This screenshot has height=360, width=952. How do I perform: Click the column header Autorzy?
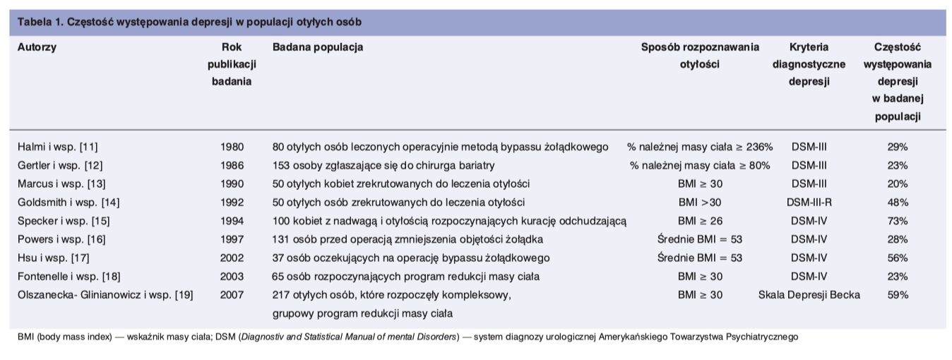click(37, 47)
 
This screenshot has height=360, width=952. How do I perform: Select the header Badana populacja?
click(318, 47)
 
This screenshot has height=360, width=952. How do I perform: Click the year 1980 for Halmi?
click(232, 148)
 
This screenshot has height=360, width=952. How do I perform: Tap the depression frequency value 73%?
click(898, 221)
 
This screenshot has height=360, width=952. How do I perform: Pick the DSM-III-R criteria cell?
click(809, 203)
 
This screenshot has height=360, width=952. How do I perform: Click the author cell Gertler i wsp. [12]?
click(58, 166)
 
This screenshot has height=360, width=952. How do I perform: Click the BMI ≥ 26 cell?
click(700, 221)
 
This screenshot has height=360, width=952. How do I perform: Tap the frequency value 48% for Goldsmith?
click(898, 203)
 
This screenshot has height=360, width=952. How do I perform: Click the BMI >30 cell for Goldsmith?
click(700, 203)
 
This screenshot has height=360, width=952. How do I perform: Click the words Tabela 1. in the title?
click(39, 21)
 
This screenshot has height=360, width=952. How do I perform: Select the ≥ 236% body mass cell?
click(700, 148)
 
